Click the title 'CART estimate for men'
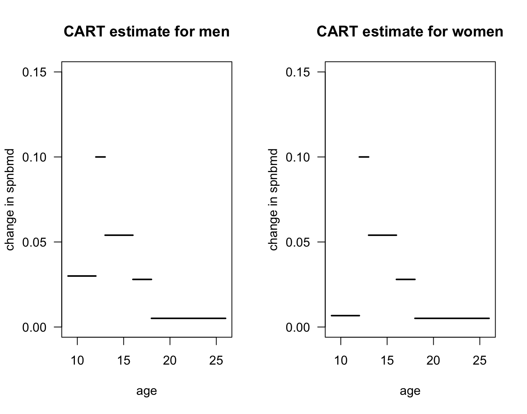pyautogui.click(x=147, y=31)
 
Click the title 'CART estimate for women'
pyautogui.click(x=410, y=31)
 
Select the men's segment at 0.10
pyautogui.click(x=100, y=157)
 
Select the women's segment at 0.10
pyautogui.click(x=364, y=157)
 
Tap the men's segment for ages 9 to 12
pyautogui.click(x=82, y=276)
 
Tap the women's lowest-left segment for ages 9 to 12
pyautogui.click(x=345, y=316)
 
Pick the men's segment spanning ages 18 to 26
pyautogui.click(x=188, y=318)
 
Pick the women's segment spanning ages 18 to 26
pyautogui.click(x=452, y=318)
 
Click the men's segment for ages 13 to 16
pyautogui.click(x=119, y=235)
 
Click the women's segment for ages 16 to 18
pyautogui.click(x=405, y=280)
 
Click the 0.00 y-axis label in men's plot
pyautogui.click(x=35, y=327)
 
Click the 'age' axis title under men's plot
pyautogui.click(x=147, y=391)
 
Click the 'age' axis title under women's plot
pyautogui.click(x=410, y=391)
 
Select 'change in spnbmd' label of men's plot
pyautogui.click(x=10, y=199)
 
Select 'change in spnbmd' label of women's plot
pyautogui.click(x=273, y=199)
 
